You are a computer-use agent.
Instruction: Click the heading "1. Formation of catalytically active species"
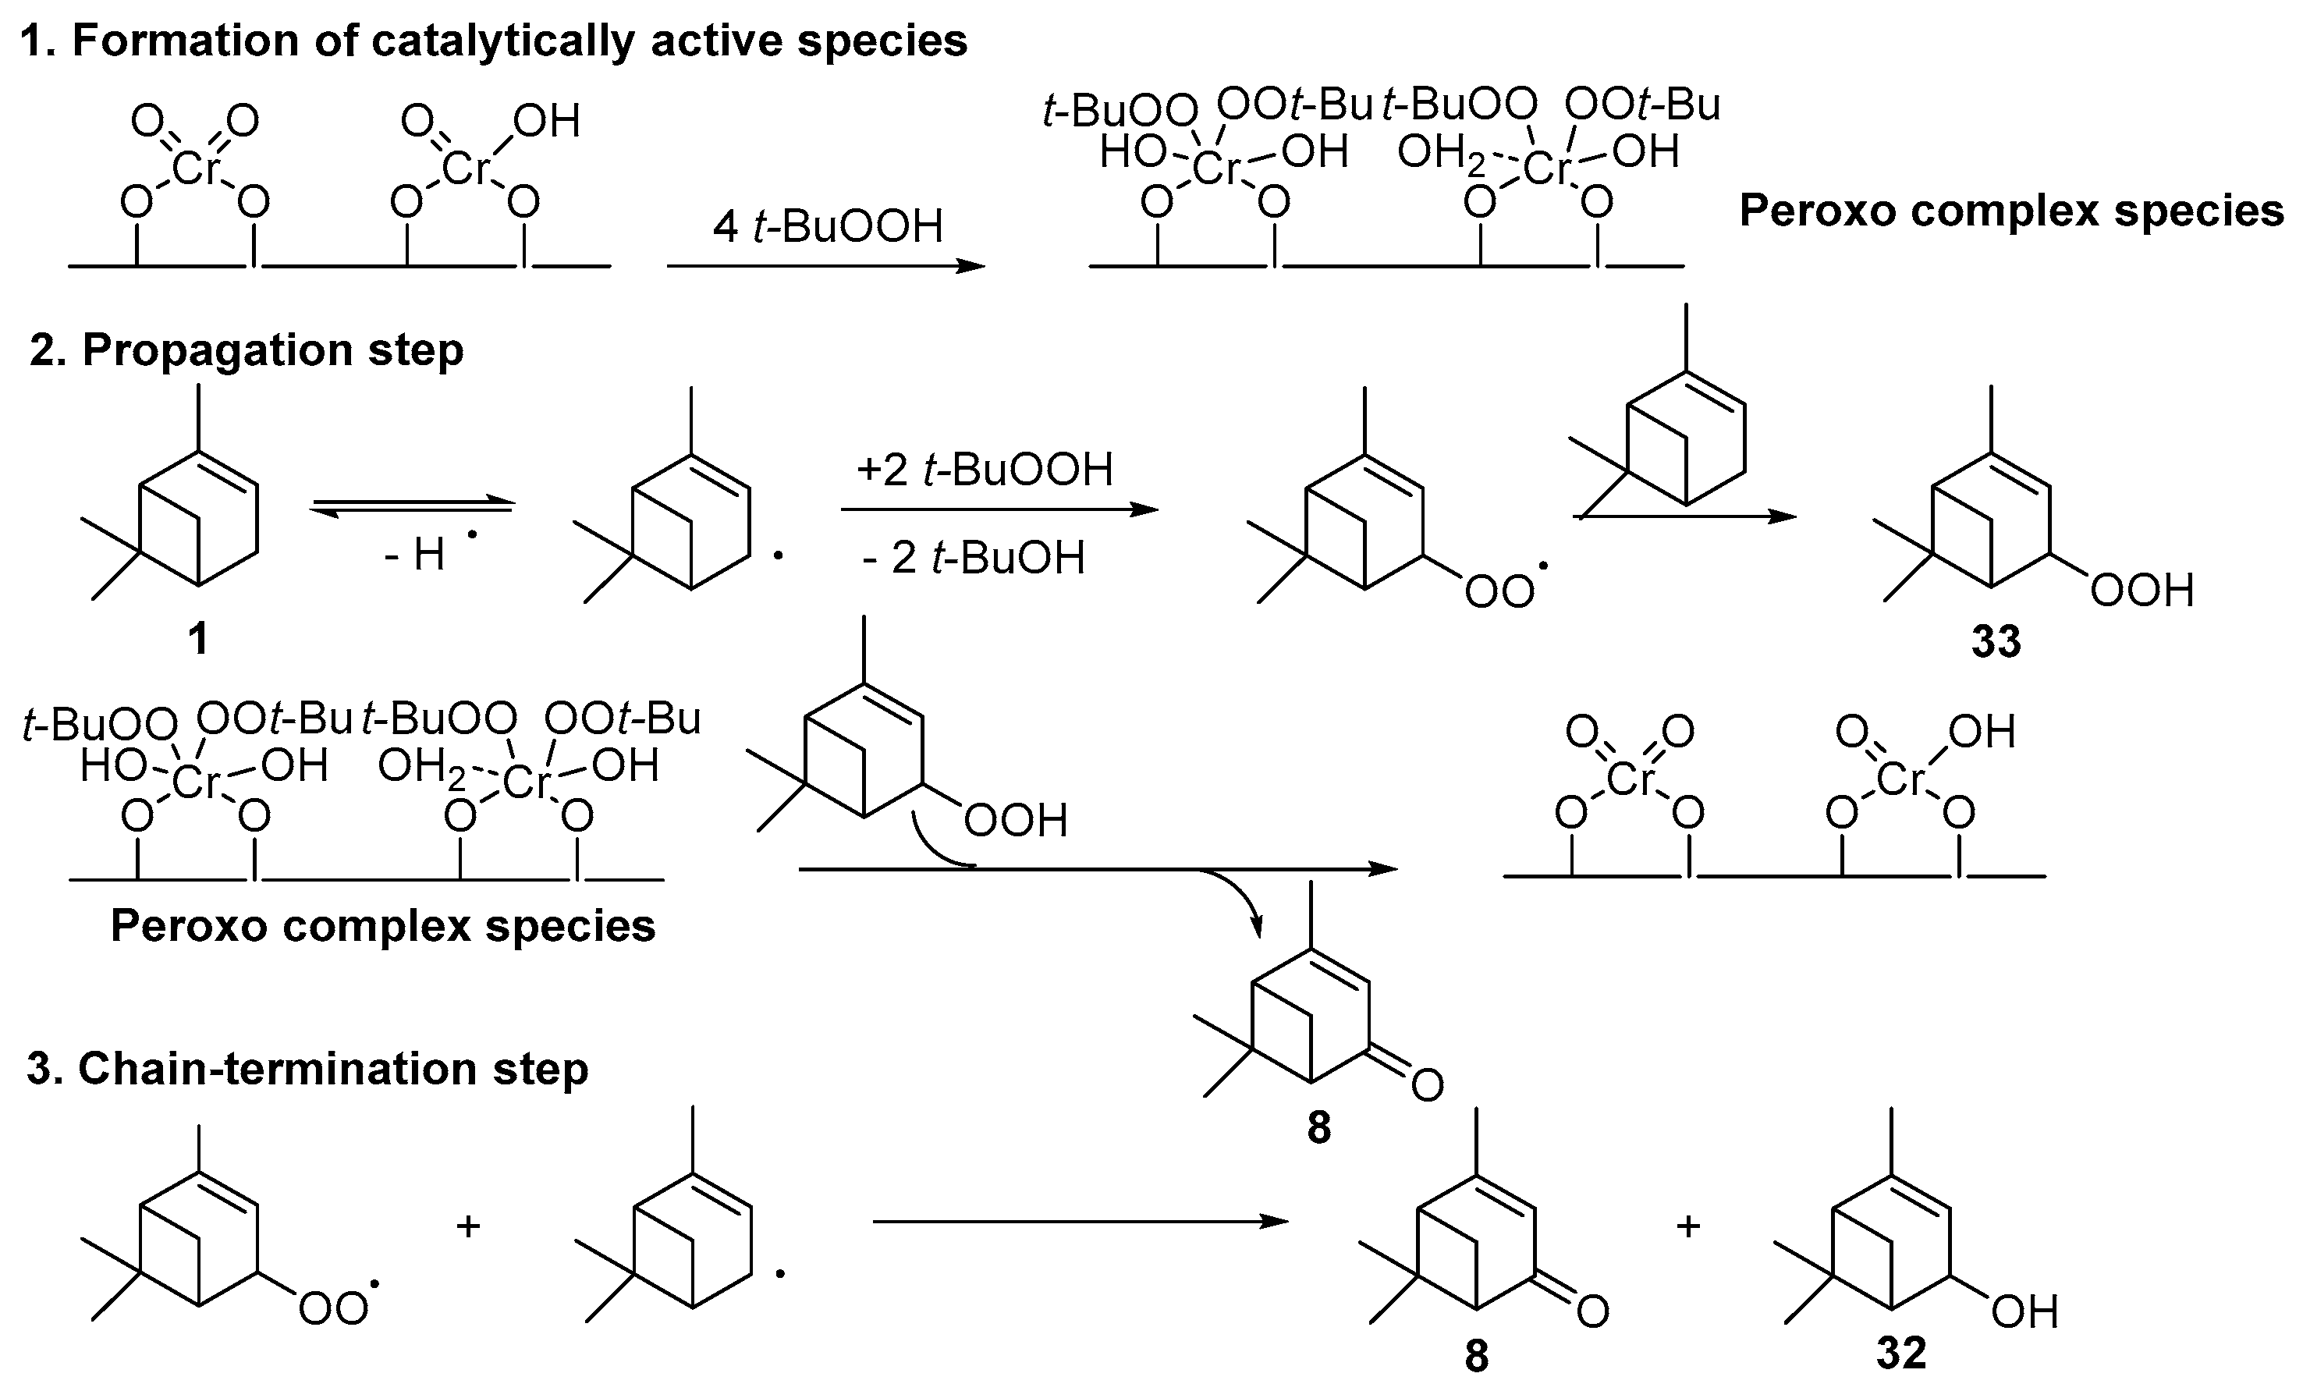pyautogui.click(x=494, y=41)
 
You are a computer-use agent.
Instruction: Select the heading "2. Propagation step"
pyautogui.click(x=246, y=350)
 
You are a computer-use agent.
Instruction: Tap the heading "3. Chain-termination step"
pyautogui.click(x=307, y=1069)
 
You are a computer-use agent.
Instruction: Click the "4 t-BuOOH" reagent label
pyautogui.click(x=828, y=226)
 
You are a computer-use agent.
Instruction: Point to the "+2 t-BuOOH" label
pyautogui.click(x=985, y=470)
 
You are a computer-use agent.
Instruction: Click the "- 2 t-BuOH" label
pyautogui.click(x=974, y=558)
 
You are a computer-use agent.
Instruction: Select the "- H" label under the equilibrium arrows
pyautogui.click(x=416, y=555)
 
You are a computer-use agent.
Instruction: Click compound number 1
pyautogui.click(x=198, y=640)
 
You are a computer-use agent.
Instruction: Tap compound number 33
pyautogui.click(x=1996, y=642)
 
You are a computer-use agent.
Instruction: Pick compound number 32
pyautogui.click(x=1901, y=1354)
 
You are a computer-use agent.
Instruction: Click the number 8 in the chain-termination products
pyautogui.click(x=1476, y=1355)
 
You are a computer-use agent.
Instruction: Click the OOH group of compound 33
pyautogui.click(x=2142, y=591)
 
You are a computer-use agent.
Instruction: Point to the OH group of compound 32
pyautogui.click(x=2024, y=1312)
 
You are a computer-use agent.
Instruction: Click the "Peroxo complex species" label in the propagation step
pyautogui.click(x=383, y=925)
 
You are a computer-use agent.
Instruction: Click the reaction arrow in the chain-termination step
pyautogui.click(x=1080, y=1222)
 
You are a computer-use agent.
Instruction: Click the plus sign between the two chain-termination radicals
pyautogui.click(x=468, y=1226)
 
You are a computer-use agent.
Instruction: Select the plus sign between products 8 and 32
pyautogui.click(x=1688, y=1226)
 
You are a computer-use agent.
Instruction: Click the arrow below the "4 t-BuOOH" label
pyautogui.click(x=826, y=267)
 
